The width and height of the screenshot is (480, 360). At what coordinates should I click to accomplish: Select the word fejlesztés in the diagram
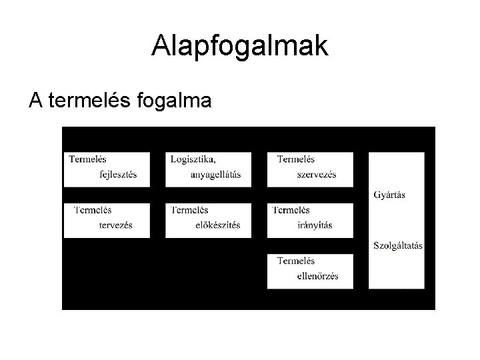pos(117,175)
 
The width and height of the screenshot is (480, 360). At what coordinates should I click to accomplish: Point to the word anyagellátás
pos(215,175)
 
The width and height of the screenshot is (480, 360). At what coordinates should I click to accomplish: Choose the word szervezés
pos(317,175)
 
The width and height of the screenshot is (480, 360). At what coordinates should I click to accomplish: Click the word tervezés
pos(115,225)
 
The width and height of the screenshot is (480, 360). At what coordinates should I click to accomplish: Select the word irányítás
pos(315,225)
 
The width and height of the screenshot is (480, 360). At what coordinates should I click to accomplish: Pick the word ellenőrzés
pos(318,276)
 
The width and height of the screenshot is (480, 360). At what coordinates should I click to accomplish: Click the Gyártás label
pos(390,195)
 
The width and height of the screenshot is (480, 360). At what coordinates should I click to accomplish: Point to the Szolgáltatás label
pos(398,245)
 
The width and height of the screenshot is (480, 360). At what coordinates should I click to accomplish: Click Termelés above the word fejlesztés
pos(87,159)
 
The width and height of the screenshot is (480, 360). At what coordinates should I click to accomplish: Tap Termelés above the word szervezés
pos(296,159)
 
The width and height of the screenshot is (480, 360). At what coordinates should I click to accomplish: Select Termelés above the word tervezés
pos(93,210)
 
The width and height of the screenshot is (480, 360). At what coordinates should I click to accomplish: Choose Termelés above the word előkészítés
pos(190,210)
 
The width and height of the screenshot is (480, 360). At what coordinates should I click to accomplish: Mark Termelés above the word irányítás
pos(291,210)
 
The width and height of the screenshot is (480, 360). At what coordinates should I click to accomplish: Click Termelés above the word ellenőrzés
pos(296,261)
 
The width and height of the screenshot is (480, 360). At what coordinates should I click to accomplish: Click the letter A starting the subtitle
pos(35,101)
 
